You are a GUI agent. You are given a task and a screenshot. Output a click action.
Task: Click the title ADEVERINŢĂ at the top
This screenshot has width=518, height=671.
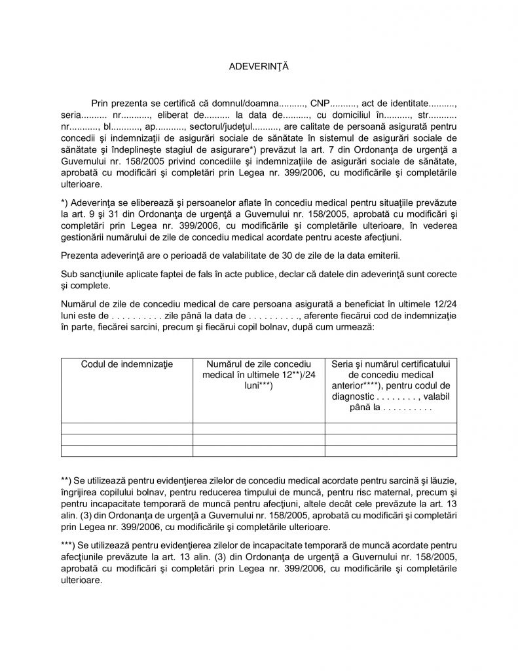pyautogui.click(x=259, y=67)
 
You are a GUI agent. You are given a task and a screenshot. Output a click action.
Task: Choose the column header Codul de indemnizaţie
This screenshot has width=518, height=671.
pyautogui.click(x=126, y=364)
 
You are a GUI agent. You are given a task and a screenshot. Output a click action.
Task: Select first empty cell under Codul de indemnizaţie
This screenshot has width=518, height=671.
pyautogui.click(x=126, y=429)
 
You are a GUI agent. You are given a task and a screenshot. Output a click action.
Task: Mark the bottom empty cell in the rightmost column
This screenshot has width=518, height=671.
pyautogui.click(x=391, y=450)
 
